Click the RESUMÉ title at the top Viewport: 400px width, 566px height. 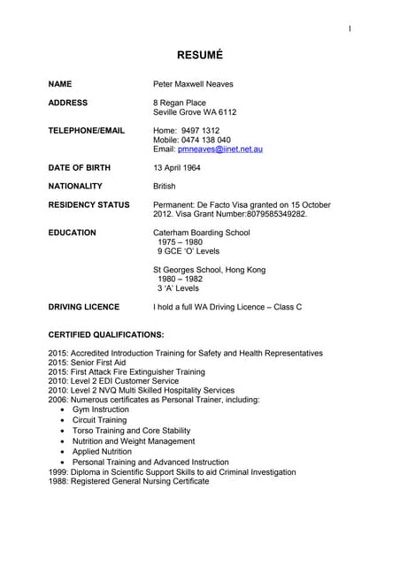tap(199, 55)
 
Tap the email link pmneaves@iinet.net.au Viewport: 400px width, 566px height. tap(220, 149)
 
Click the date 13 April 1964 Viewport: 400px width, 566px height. tap(177, 167)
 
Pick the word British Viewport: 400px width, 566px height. tap(165, 187)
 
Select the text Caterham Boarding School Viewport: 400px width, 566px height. tap(202, 233)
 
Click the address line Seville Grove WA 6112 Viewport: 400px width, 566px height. tap(195, 112)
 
